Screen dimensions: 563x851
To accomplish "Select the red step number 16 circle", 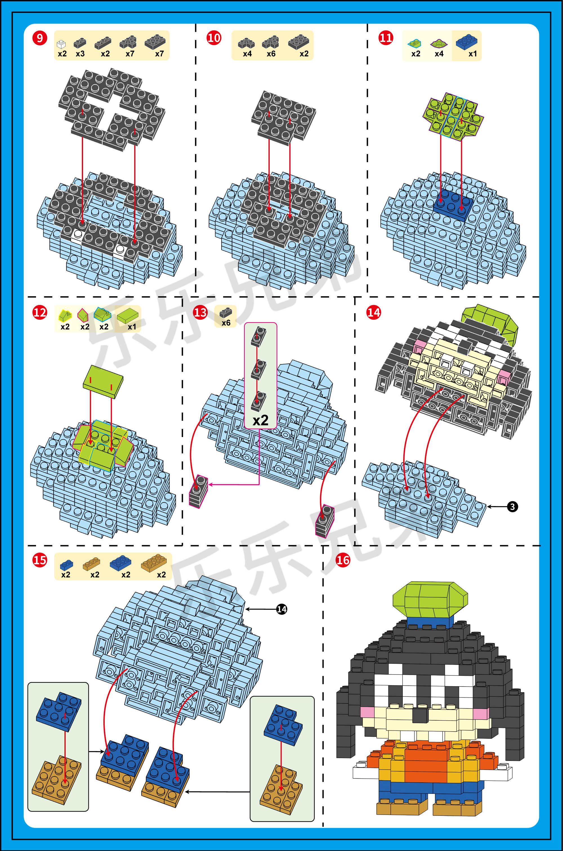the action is coord(343,560).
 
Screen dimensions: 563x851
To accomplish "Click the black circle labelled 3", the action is coord(512,507).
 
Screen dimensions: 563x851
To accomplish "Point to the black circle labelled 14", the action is coord(282,609).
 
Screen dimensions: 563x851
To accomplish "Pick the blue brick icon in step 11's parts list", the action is coord(466,42).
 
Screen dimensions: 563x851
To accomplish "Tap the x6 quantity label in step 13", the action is coord(226,323).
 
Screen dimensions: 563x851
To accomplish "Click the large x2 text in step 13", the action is coord(260,420).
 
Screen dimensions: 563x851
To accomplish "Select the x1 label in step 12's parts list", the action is coord(132,327).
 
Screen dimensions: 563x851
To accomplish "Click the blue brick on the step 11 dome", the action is coord(453,204).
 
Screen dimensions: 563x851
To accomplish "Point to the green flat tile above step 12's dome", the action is coord(103,381).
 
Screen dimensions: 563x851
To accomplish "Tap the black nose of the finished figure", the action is coord(421,715).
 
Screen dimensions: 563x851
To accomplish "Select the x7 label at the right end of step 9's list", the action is coord(159,54).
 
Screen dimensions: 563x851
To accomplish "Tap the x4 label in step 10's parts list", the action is coord(247,54).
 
